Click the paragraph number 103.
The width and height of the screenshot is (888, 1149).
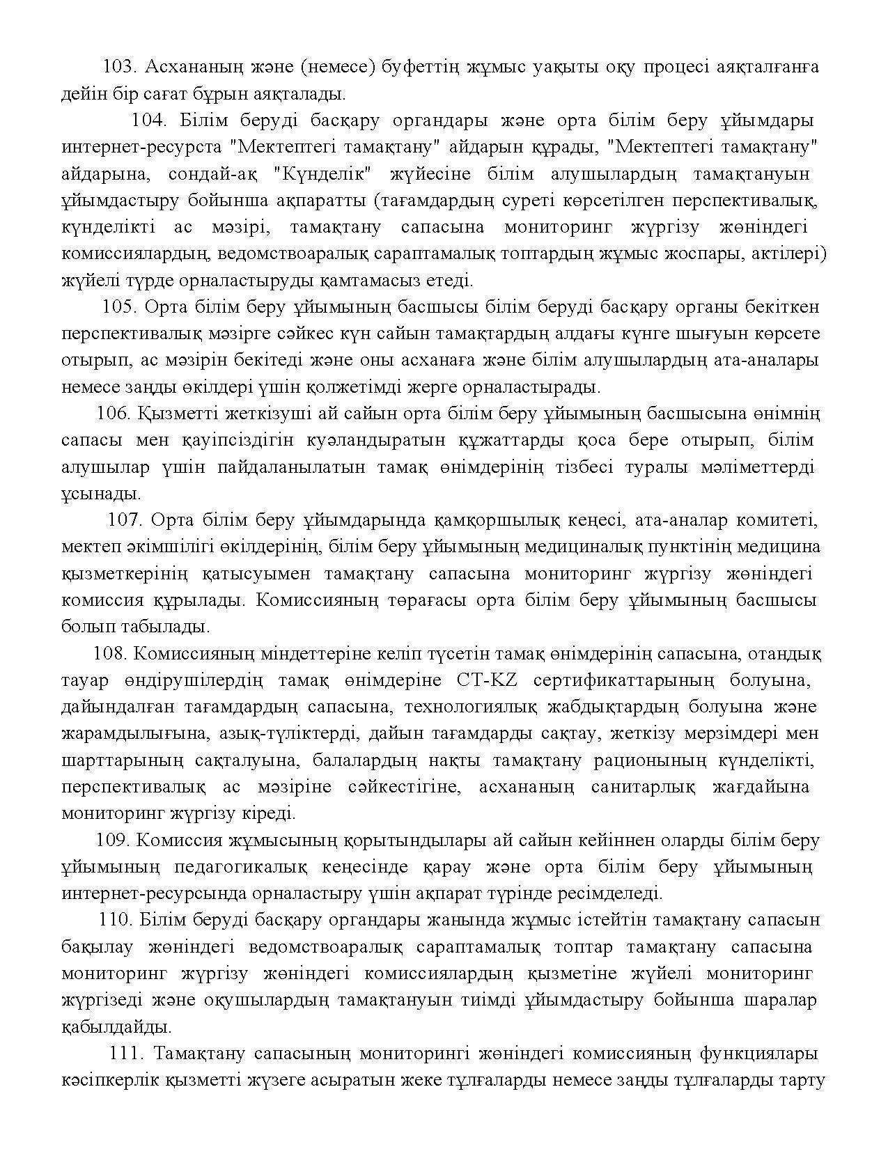(118, 67)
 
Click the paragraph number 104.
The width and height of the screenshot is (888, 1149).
(148, 120)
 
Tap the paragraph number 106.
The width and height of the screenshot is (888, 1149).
(113, 414)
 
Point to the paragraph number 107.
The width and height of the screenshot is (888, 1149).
(124, 520)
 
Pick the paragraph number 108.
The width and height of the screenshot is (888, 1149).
(108, 654)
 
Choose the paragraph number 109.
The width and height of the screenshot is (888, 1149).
(112, 841)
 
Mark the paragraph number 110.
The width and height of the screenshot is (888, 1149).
(116, 920)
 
